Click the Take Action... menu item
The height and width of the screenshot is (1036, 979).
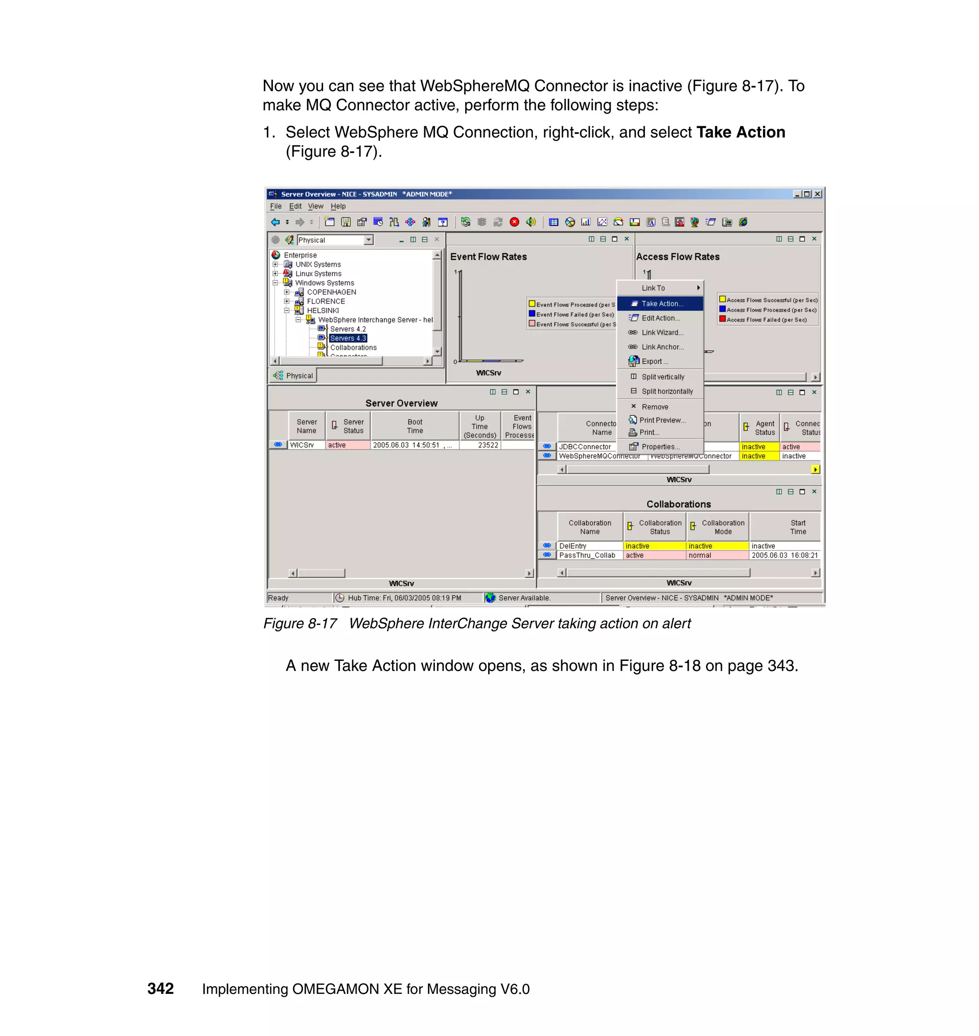(x=661, y=303)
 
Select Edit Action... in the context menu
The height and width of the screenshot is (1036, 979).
(x=660, y=318)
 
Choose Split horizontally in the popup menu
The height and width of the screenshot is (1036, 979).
(x=666, y=391)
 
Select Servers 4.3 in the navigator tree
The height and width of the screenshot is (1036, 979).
(x=348, y=338)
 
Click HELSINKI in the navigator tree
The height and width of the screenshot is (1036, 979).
(x=323, y=311)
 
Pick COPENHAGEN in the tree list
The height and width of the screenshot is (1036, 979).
(x=331, y=292)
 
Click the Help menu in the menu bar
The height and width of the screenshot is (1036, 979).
(x=338, y=206)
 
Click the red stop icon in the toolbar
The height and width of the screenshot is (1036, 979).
(x=514, y=222)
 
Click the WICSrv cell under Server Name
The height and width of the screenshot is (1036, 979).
(x=302, y=445)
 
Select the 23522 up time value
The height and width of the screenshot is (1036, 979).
(x=488, y=445)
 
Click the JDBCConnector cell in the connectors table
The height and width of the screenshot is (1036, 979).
(x=585, y=446)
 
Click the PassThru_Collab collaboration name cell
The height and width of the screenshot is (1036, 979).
(x=587, y=555)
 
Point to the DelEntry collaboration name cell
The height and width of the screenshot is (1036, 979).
(x=573, y=546)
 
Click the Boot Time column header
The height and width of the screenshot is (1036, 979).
(x=415, y=426)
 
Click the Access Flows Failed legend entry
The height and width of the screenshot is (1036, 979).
(x=766, y=320)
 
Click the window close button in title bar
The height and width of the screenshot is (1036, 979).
(x=818, y=194)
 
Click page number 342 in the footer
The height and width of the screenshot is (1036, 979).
(x=160, y=989)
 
